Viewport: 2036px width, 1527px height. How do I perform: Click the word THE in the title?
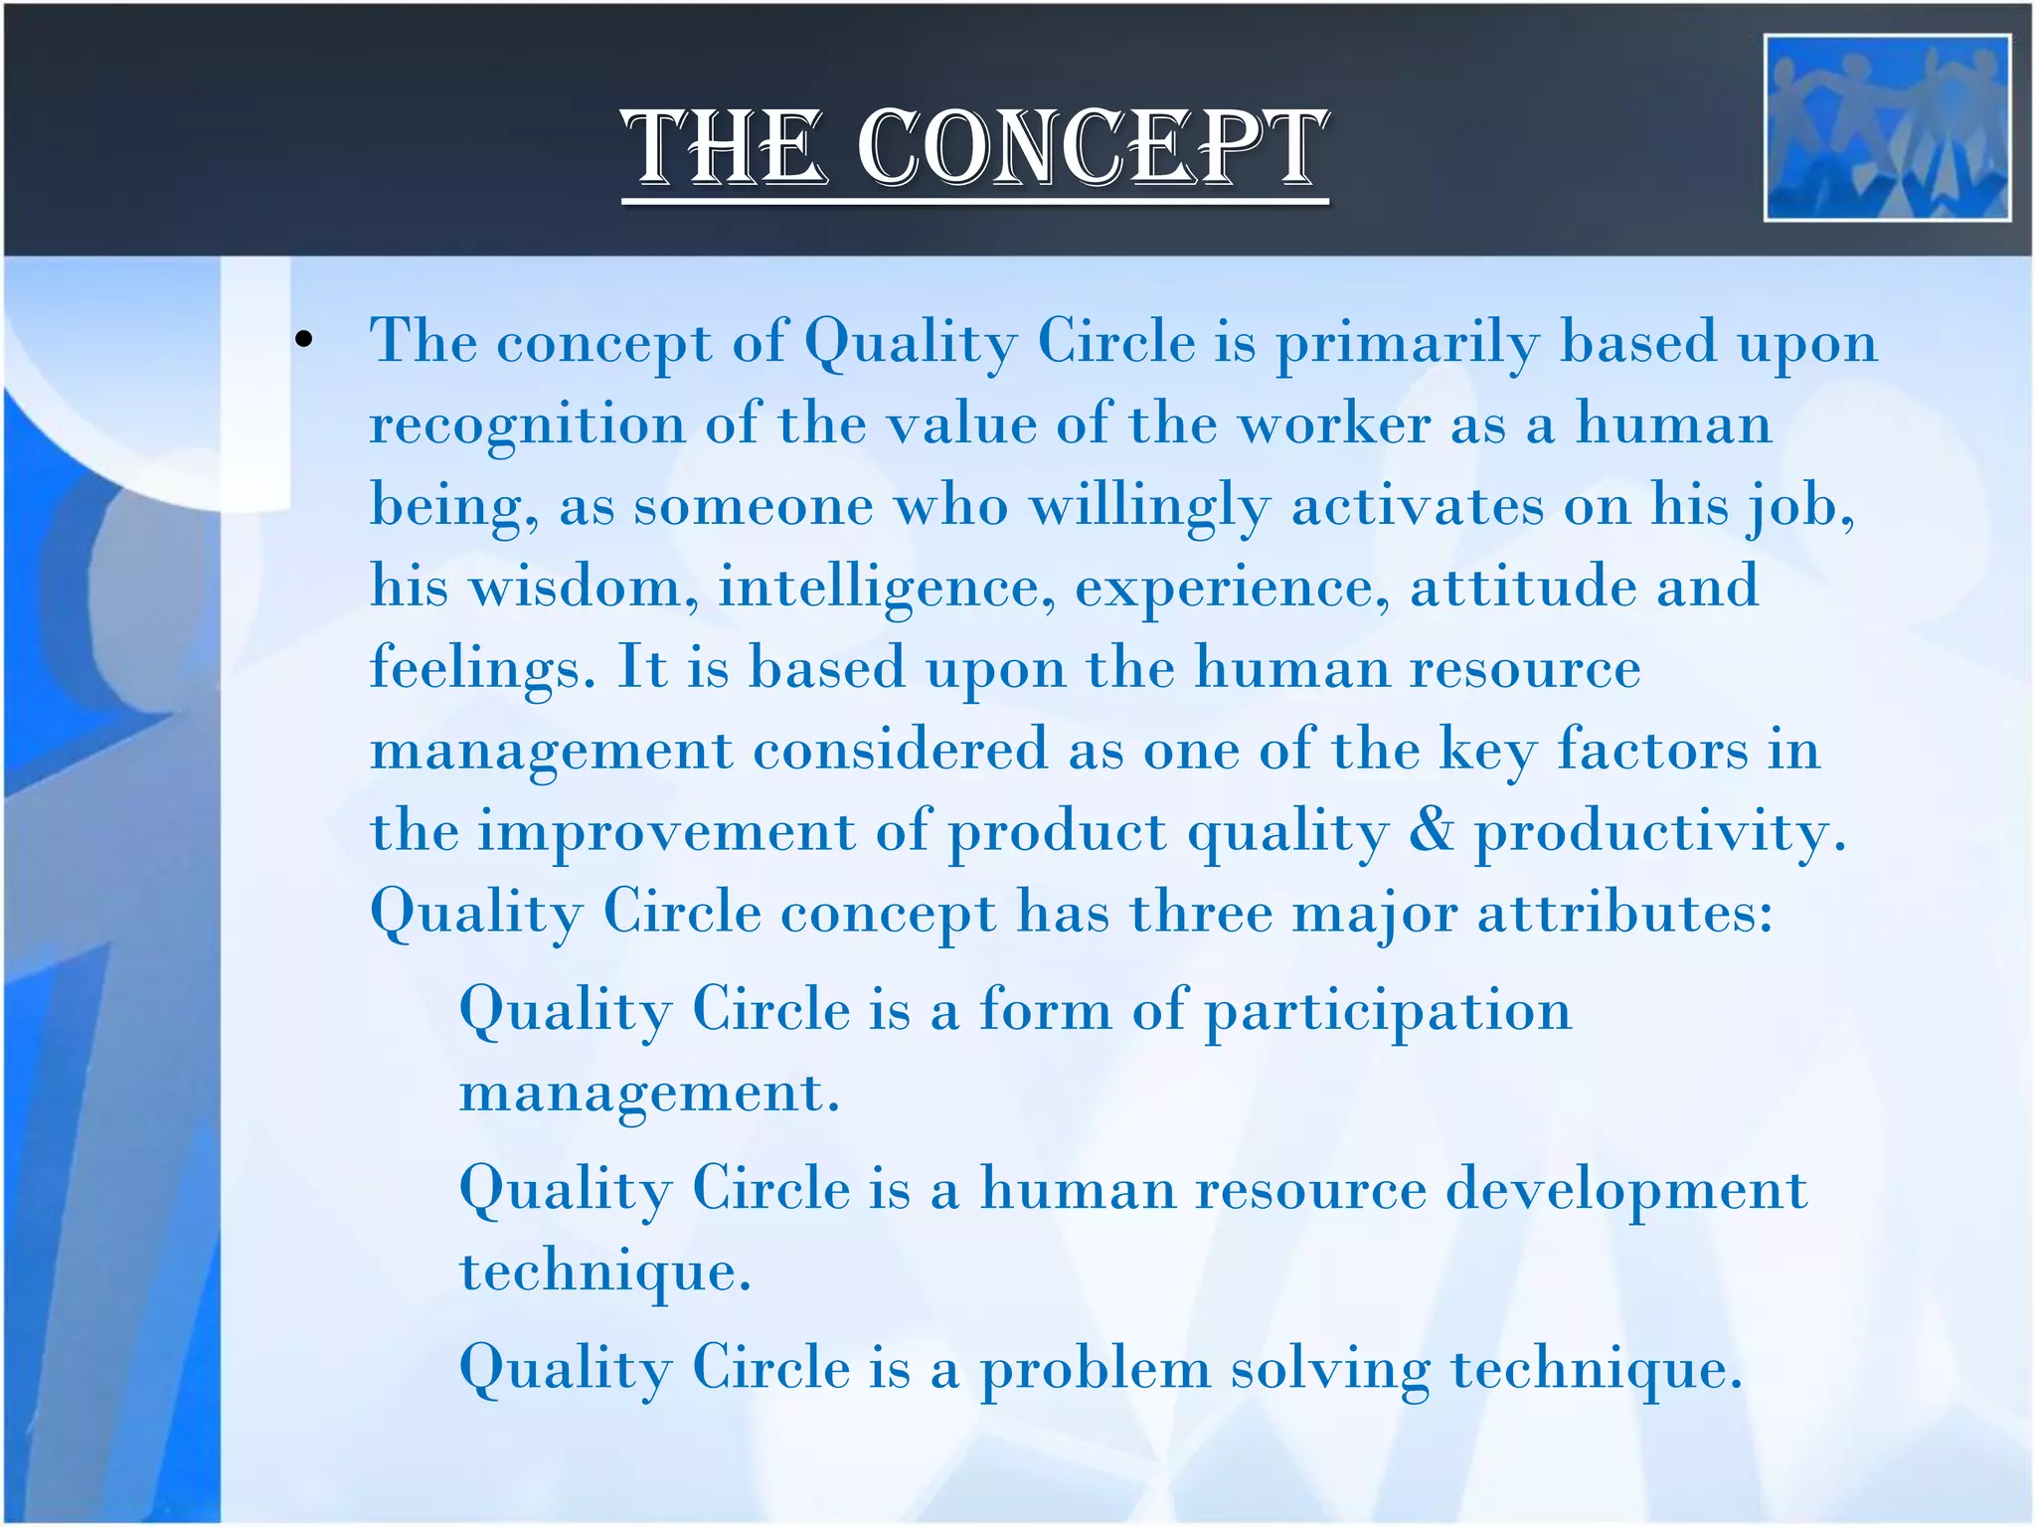tap(725, 149)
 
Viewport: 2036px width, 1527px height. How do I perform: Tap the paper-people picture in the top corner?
tap(1886, 127)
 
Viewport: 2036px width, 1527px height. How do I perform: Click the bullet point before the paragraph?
tap(304, 342)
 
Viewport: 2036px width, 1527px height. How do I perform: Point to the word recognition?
tap(527, 425)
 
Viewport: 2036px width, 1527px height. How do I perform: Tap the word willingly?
tap(1149, 507)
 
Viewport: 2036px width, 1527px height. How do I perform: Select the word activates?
tap(1418, 505)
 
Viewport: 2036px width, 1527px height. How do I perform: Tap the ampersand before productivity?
tap(1430, 830)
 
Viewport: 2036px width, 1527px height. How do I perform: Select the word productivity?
tap(1659, 832)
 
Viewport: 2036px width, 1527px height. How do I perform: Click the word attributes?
tap(1624, 913)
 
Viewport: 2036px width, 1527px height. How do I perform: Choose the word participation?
tap(1388, 1012)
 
